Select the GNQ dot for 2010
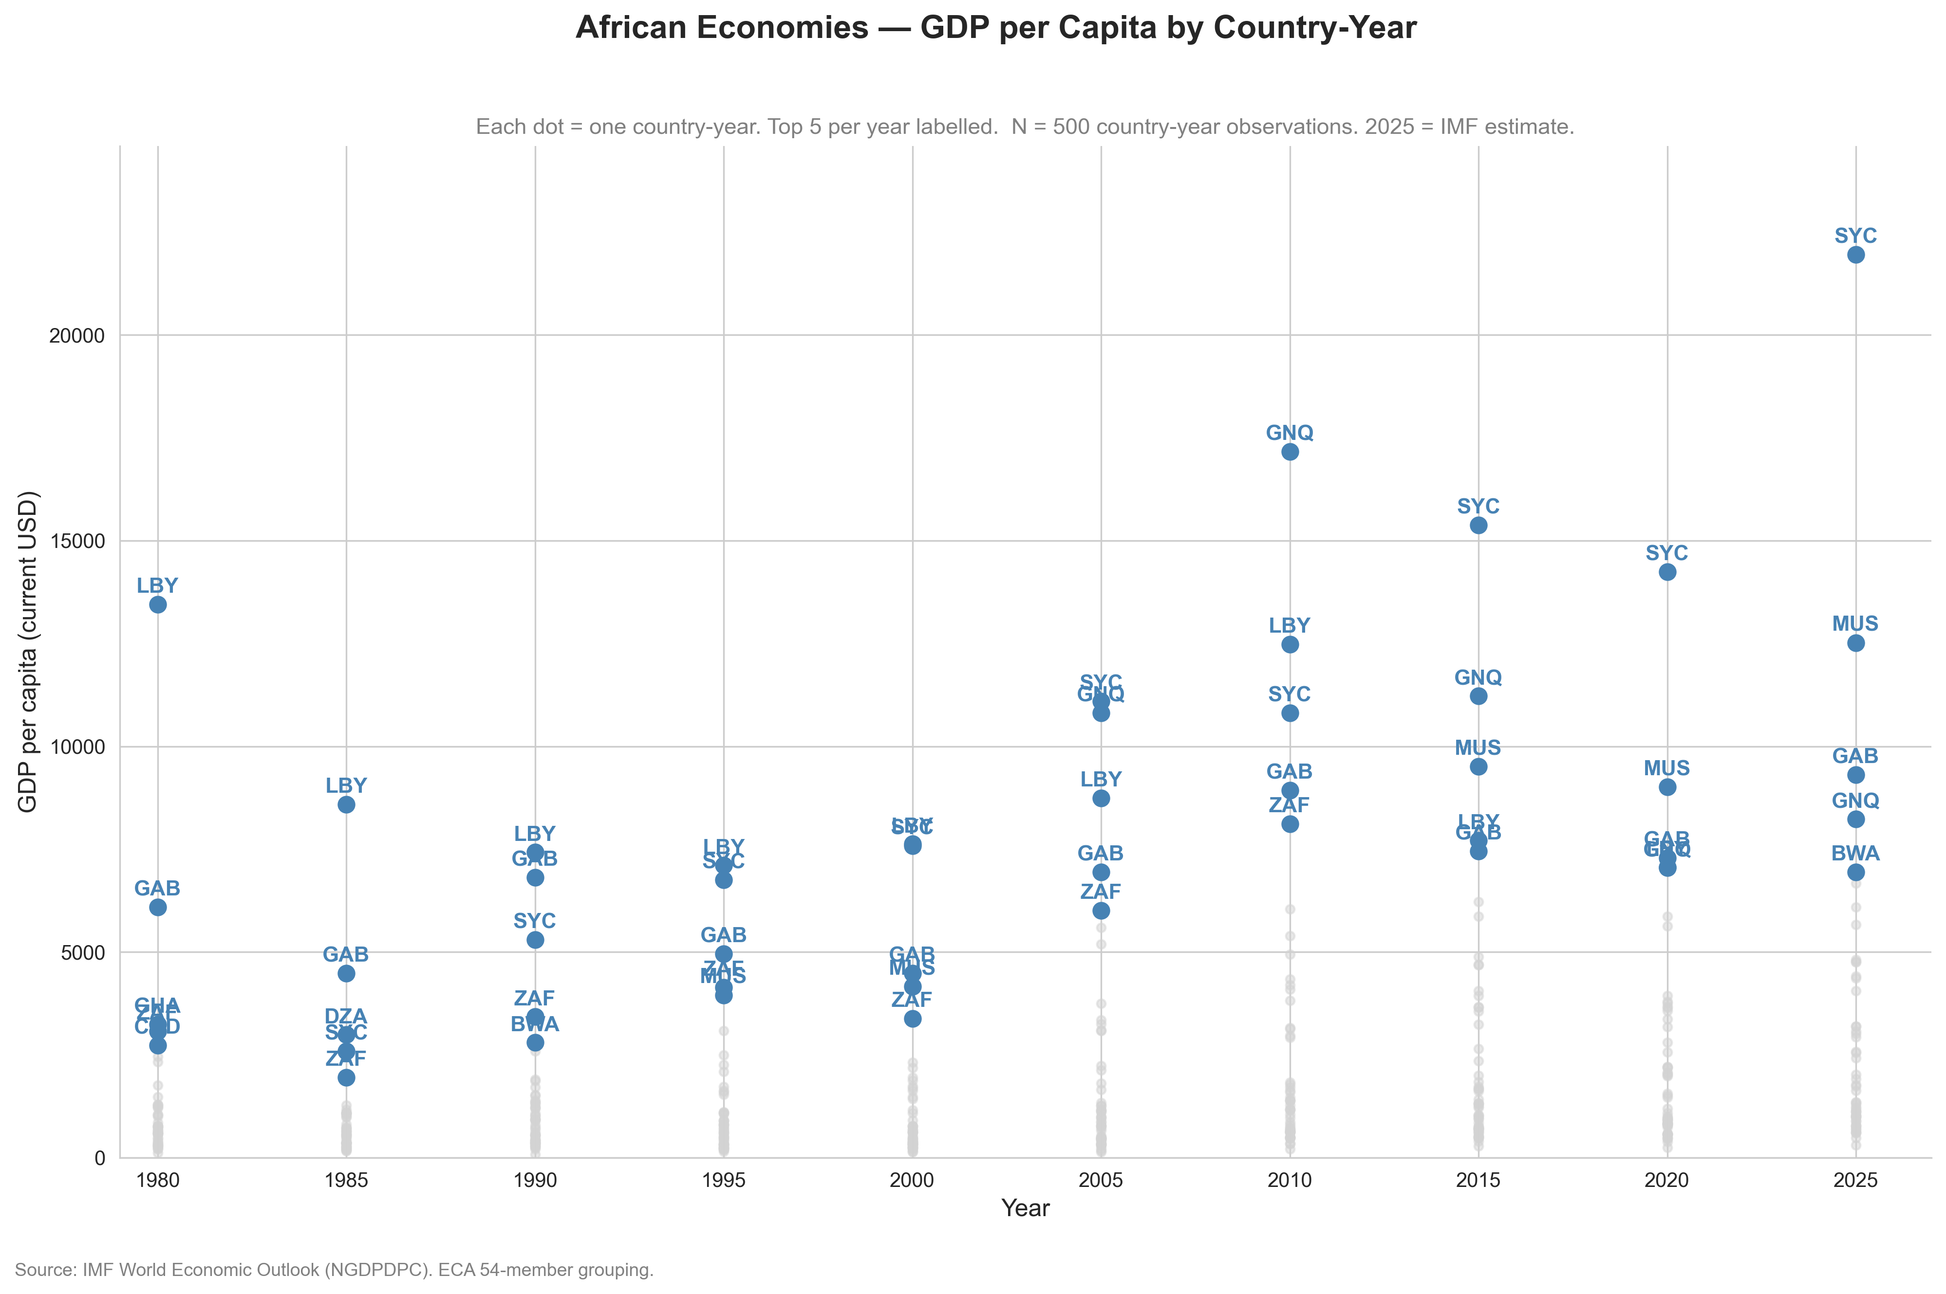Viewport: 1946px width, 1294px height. (1290, 452)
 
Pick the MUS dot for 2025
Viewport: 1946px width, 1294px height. (1855, 643)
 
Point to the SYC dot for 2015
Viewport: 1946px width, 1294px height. (1478, 525)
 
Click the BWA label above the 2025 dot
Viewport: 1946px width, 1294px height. (1855, 853)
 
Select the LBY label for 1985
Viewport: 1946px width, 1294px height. (346, 785)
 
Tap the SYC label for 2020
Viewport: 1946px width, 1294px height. (1667, 553)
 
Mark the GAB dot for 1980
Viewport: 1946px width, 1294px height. (158, 907)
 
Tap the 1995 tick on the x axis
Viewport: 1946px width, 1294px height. (723, 1180)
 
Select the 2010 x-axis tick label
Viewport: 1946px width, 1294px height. (1290, 1180)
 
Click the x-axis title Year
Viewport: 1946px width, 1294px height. (1026, 1208)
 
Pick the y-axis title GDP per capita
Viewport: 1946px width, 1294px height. (28, 652)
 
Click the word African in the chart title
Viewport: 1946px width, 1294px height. (638, 28)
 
